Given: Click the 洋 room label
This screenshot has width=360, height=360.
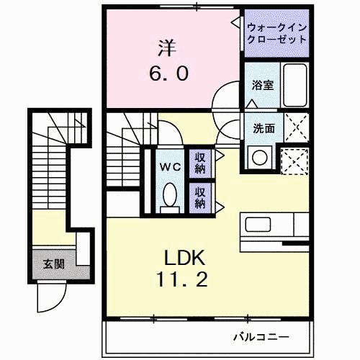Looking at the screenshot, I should point(166,49).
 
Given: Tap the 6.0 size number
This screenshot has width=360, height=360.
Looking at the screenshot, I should point(170,74).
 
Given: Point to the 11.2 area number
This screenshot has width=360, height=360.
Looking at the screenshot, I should point(184,280).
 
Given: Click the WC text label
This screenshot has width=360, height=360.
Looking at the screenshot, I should point(170,166).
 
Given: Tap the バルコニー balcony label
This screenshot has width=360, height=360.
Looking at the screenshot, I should point(261,336).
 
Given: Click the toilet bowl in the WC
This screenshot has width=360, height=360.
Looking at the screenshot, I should point(170,195).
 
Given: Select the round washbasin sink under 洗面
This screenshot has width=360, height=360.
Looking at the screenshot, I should point(259,155).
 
